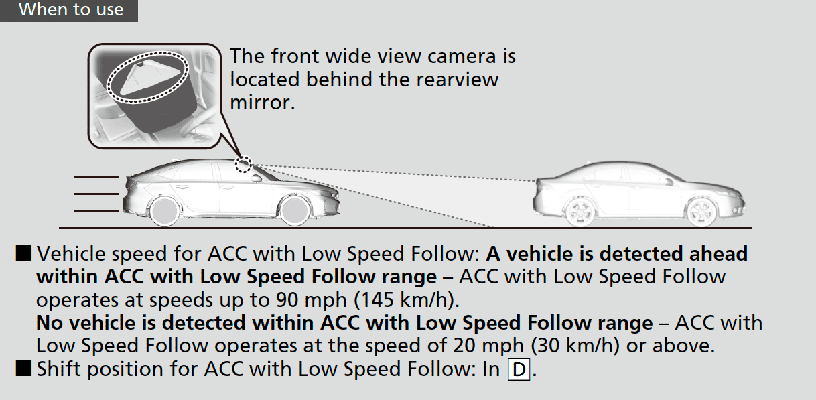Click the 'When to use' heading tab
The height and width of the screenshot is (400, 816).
69,10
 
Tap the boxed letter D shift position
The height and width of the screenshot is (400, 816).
519,370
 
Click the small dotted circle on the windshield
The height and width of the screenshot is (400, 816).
243,164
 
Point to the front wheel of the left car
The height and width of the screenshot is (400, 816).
293,211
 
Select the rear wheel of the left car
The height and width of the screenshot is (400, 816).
164,211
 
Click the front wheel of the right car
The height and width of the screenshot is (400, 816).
701,212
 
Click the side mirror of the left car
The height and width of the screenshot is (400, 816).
257,178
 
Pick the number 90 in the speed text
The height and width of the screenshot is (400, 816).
287,300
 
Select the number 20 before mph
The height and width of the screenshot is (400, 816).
464,346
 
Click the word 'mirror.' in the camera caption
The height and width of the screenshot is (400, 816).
263,103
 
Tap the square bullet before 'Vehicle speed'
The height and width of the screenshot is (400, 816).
23,253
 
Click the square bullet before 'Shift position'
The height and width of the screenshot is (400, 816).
23,369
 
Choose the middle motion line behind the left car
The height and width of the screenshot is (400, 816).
96,194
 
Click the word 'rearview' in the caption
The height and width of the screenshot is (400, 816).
457,80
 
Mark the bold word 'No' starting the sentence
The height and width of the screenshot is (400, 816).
49,323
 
